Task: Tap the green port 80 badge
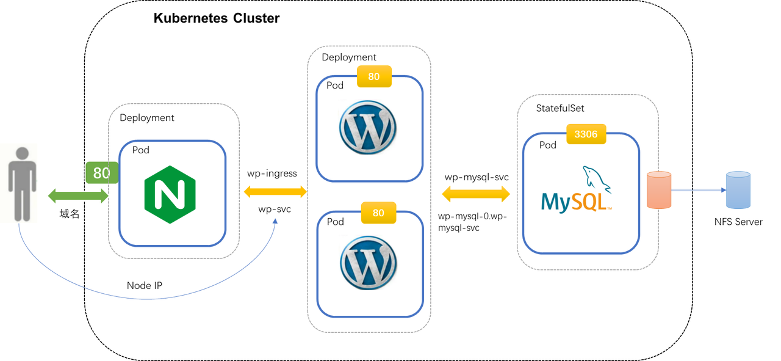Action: coord(101,173)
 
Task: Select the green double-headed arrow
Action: coord(79,196)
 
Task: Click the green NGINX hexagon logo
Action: coord(170,194)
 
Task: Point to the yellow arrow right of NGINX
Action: coord(275,192)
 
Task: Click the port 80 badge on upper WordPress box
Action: coord(374,77)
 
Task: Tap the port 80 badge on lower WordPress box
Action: coord(378,213)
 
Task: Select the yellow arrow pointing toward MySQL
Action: coord(476,194)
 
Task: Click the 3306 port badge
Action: coord(586,134)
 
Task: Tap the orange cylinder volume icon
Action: coord(659,190)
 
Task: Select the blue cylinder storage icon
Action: coord(738,191)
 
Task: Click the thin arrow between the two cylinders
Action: coord(699,190)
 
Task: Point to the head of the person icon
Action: coord(22,155)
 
